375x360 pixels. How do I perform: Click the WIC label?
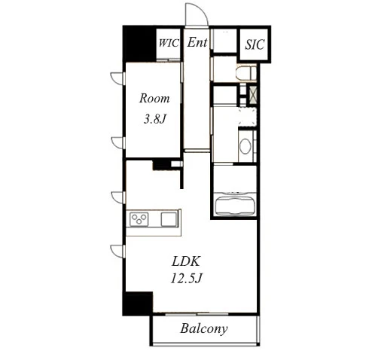click(x=169, y=43)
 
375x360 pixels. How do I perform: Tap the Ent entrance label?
click(x=197, y=42)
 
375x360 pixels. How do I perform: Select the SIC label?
click(x=255, y=44)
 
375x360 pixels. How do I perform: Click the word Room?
click(x=154, y=98)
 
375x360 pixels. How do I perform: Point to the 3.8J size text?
click(x=154, y=119)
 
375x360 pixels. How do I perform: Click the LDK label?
click(x=186, y=261)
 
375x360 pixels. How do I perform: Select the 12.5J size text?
click(x=186, y=279)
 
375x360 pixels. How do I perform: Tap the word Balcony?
click(x=204, y=328)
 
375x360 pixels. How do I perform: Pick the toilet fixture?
click(x=246, y=73)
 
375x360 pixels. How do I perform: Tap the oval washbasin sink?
click(x=245, y=146)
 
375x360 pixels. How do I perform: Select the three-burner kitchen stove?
click(x=139, y=219)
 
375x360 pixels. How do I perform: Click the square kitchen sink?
click(x=169, y=219)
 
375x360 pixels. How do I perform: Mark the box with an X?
click(x=253, y=95)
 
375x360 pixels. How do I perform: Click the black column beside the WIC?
click(x=139, y=44)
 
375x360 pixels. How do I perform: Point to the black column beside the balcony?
click(x=138, y=304)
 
